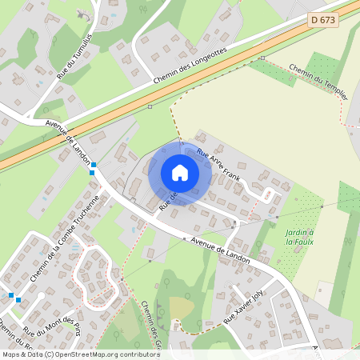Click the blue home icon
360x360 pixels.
(180, 173)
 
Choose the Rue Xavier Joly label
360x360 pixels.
(243, 308)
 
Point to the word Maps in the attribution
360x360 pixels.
(10, 354)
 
